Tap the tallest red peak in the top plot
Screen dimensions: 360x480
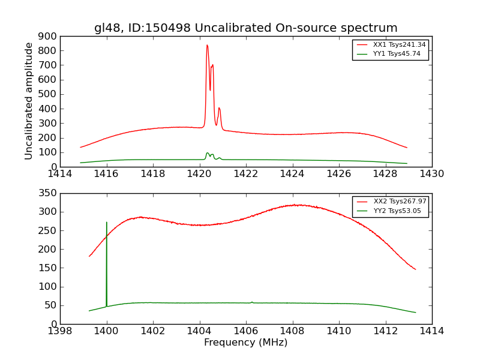pos(207,46)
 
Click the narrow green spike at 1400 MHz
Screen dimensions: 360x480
pos(107,223)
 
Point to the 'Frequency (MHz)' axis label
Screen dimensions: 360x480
pos(245,343)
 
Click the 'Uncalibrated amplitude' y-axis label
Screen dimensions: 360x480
pos(29,101)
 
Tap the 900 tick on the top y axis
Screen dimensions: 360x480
pos(48,36)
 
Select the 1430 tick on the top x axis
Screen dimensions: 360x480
pos(431,174)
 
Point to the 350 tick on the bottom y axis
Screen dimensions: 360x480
pos(48,193)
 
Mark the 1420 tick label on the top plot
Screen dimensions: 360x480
pos(199,174)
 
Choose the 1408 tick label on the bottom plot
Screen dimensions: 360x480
pos(292,331)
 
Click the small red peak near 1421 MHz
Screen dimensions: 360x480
pos(219,109)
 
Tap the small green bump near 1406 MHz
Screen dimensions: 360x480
pos(252,302)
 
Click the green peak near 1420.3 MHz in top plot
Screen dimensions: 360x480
pos(207,153)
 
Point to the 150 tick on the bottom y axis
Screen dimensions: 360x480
pos(48,268)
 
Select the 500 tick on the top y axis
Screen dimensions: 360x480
pos(48,94)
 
